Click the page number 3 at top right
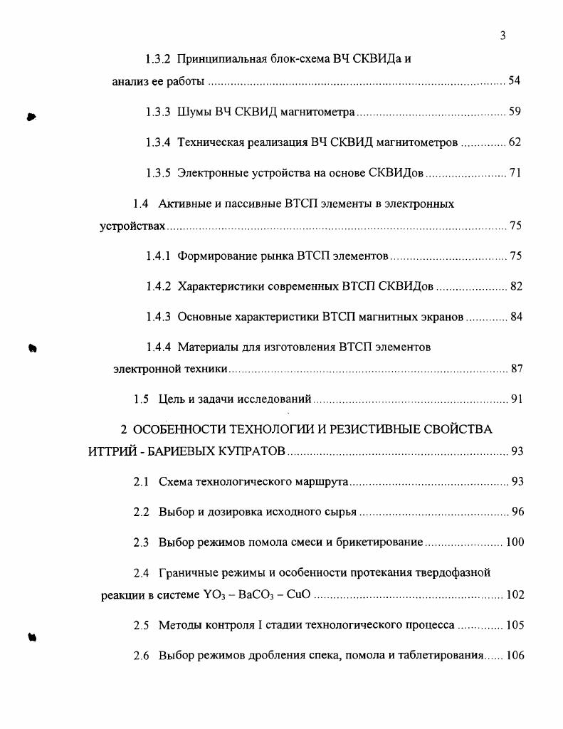click(503, 36)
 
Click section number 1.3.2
click(157, 59)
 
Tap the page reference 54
click(515, 81)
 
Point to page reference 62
click(515, 142)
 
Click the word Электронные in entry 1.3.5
click(211, 173)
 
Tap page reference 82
click(516, 287)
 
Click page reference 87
click(517, 369)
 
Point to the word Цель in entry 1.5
click(172, 399)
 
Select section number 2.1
click(141, 482)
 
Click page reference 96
click(517, 513)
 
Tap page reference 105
click(515, 626)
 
